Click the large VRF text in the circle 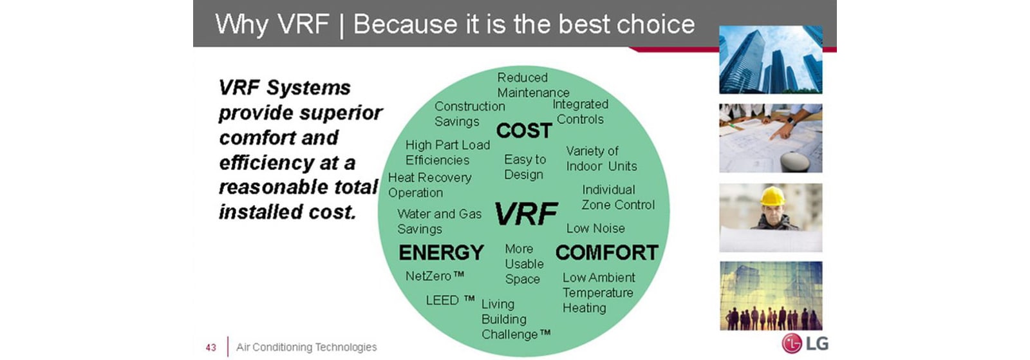tap(526, 214)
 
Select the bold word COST tap(524, 131)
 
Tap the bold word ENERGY tap(441, 252)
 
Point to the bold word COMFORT tap(607, 252)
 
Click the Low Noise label tap(595, 228)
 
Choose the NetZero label tap(435, 276)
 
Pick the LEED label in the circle tap(450, 300)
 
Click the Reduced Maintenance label tap(534, 85)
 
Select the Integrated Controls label tap(580, 111)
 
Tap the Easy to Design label tap(525, 167)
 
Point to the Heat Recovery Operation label tap(430, 185)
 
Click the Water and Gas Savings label tap(440, 221)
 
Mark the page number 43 tap(211, 348)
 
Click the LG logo tap(805, 343)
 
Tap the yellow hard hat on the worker tap(772, 196)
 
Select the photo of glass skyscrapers tap(771, 59)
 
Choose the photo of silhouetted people tap(771, 296)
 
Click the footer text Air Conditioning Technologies tap(306, 347)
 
